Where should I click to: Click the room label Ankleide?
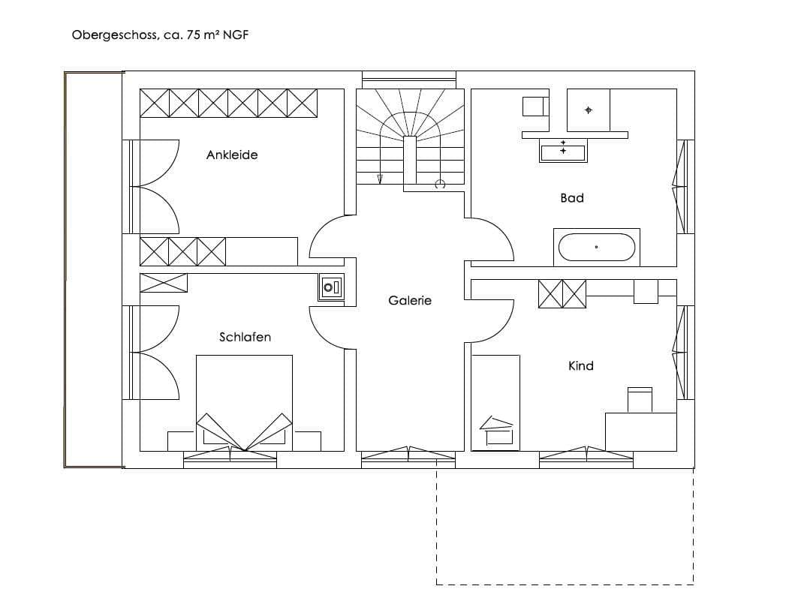pyautogui.click(x=232, y=155)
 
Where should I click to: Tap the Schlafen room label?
pyautogui.click(x=245, y=337)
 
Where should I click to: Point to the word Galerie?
pyautogui.click(x=410, y=300)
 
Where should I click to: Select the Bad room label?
pyautogui.click(x=572, y=198)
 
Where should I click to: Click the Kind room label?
pyautogui.click(x=581, y=366)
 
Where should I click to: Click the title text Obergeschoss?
pyautogui.click(x=114, y=35)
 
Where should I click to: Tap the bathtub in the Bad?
pyautogui.click(x=597, y=247)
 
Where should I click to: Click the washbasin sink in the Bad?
pyautogui.click(x=564, y=151)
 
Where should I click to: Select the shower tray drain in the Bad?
pyautogui.click(x=589, y=110)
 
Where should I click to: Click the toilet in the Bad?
pyautogui.click(x=535, y=107)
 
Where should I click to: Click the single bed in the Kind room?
pyautogui.click(x=495, y=403)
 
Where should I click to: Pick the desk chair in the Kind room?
pyautogui.click(x=640, y=400)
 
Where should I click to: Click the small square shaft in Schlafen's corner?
pyautogui.click(x=331, y=287)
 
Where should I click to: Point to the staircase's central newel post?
pyautogui.click(x=410, y=160)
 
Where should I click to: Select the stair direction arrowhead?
pyautogui.click(x=380, y=179)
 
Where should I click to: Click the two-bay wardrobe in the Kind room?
pyautogui.click(x=562, y=293)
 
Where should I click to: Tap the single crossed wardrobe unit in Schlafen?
pyautogui.click(x=164, y=283)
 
